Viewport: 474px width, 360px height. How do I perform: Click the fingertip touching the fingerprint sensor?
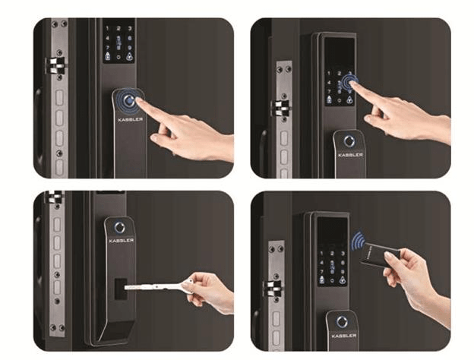click(x=145, y=104)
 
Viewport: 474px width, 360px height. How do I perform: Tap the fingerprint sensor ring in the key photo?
click(x=118, y=226)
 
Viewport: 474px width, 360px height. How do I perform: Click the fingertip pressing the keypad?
click(x=357, y=85)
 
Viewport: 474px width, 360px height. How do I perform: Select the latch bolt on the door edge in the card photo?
click(x=271, y=289)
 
